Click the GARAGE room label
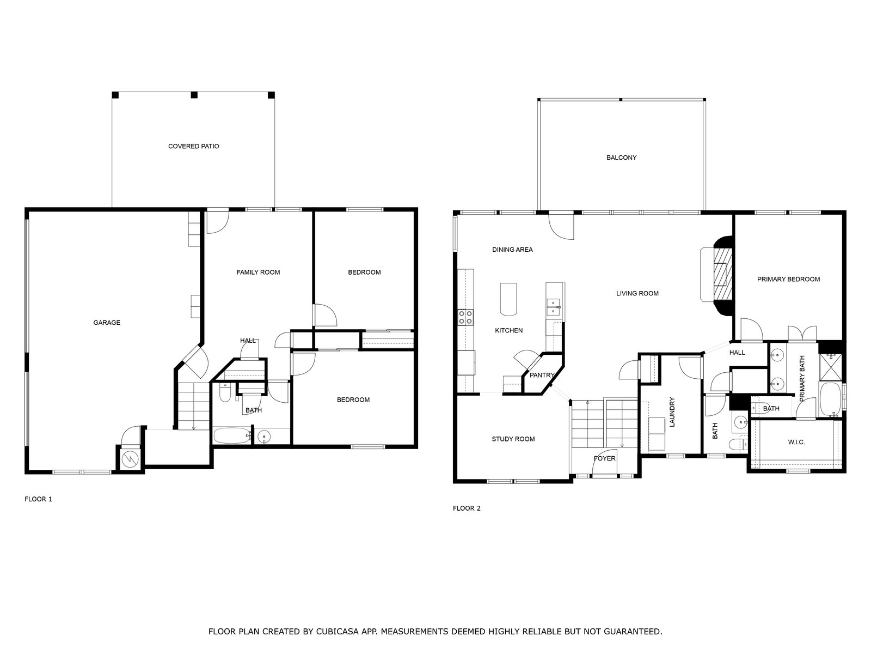click(107, 323)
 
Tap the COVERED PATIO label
click(194, 146)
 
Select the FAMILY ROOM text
click(259, 272)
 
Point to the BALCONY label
click(622, 158)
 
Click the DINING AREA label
click(512, 250)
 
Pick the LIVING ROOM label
click(637, 293)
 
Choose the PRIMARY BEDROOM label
click(788, 279)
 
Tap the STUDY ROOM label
click(513, 439)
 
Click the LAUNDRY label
click(672, 412)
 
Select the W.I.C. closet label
click(796, 442)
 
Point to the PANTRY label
click(542, 375)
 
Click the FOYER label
click(604, 458)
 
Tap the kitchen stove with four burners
click(465, 317)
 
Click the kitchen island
click(508, 299)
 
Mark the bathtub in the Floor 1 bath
click(232, 435)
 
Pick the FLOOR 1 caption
click(38, 499)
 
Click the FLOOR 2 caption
click(467, 508)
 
